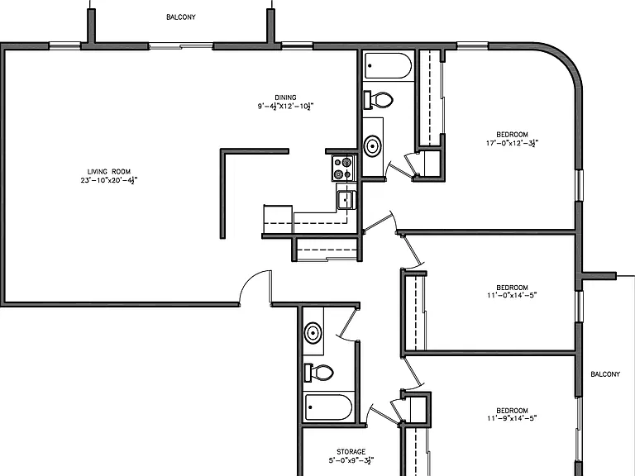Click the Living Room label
(x=109, y=172)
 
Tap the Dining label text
(x=285, y=98)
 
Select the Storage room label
(x=351, y=451)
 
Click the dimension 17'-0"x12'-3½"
(x=513, y=143)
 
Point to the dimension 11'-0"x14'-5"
(x=512, y=295)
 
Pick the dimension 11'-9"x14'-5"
(x=512, y=418)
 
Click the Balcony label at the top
(x=181, y=17)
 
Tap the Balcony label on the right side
(x=605, y=374)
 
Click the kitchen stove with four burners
(x=343, y=168)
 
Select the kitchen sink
(x=346, y=199)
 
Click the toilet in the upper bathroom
(x=379, y=99)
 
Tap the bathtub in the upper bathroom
(x=388, y=66)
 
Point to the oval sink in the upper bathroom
(x=373, y=145)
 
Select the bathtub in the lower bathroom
(x=328, y=407)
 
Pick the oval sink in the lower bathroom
(x=313, y=333)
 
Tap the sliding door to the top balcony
(x=180, y=46)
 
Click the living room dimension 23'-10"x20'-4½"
(x=109, y=180)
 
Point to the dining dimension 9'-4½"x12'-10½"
(x=285, y=107)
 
